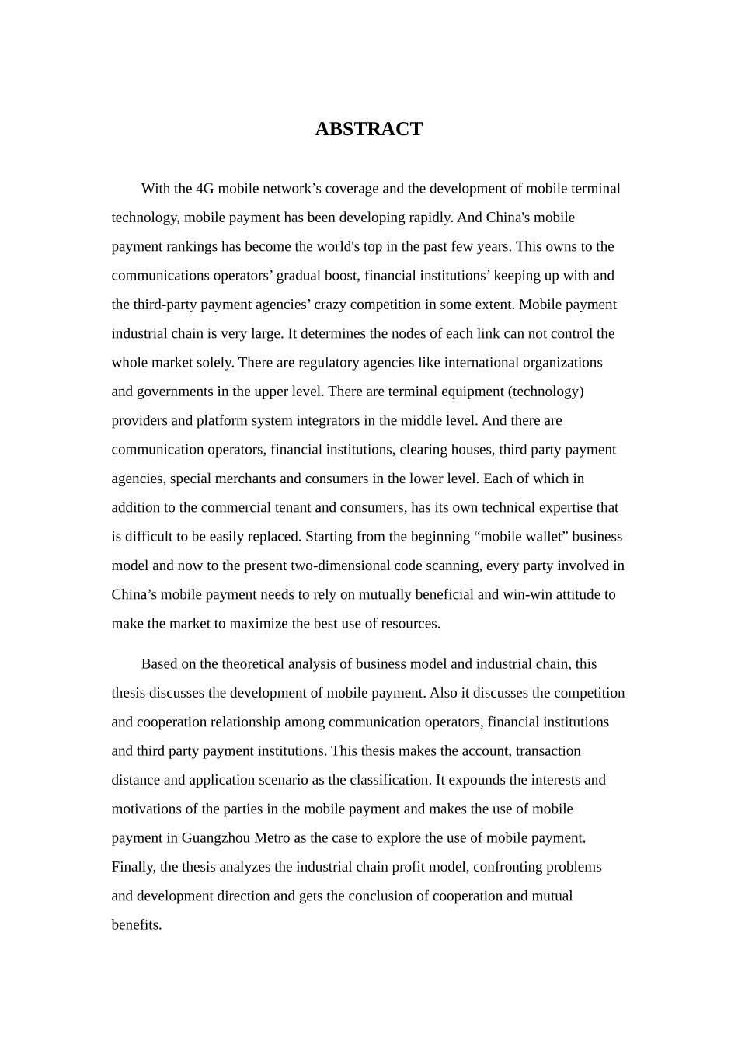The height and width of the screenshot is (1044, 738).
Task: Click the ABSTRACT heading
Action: (x=368, y=129)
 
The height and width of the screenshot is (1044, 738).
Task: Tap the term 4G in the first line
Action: (x=205, y=189)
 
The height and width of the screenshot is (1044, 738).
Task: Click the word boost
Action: (x=338, y=276)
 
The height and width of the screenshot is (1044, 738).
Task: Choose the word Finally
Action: (x=134, y=867)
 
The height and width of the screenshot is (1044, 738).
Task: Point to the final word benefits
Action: (x=136, y=925)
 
